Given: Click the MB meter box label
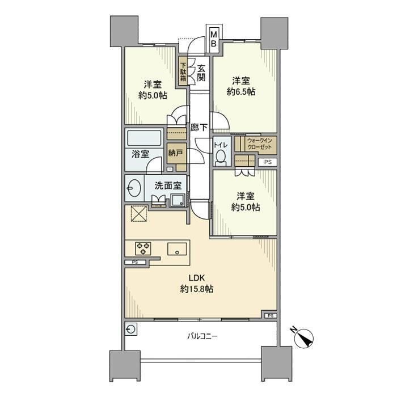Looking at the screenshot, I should tap(214, 39).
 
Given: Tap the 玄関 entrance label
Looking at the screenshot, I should tap(201, 72).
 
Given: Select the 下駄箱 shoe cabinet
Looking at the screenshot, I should tap(183, 71).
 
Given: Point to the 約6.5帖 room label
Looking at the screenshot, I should tap(242, 86).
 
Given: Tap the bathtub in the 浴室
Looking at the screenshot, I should tap(146, 140).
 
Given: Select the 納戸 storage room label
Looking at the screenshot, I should tap(176, 153).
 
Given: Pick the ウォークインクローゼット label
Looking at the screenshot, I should tap(259, 144).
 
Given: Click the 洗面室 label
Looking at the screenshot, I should tap(168, 184).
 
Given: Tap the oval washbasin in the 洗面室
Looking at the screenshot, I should tap(134, 187).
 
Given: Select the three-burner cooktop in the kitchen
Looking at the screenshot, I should tap(142, 248).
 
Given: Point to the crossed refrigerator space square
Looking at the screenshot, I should tap(139, 215).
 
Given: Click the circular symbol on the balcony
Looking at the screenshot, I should tap(132, 329).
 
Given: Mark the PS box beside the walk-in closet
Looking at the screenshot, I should tap(267, 162).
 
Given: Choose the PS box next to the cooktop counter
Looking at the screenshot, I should tap(135, 262).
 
